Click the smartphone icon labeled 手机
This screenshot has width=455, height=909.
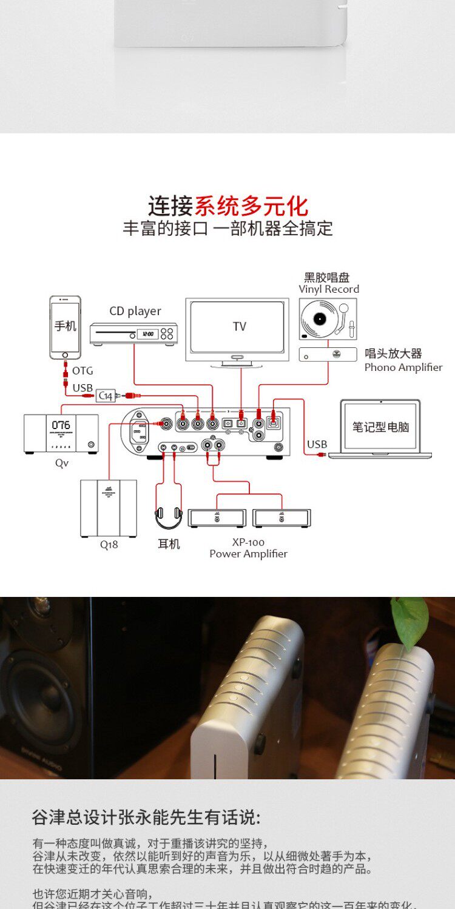[65, 327]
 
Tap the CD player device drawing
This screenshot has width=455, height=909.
[133, 333]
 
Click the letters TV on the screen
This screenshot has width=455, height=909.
[240, 327]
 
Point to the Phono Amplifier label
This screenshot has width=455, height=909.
[403, 367]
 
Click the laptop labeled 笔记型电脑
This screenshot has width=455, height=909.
[380, 428]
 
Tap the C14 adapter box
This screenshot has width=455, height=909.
[106, 396]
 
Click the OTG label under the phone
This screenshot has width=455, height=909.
[83, 371]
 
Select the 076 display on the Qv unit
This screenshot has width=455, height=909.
[61, 425]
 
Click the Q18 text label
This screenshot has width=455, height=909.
[109, 544]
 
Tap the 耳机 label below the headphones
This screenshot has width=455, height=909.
[169, 544]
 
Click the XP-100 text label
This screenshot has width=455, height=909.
[249, 542]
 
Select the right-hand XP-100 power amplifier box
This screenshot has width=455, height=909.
[282, 518]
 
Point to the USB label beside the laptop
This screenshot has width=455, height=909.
[317, 444]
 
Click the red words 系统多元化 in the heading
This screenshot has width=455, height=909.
[251, 206]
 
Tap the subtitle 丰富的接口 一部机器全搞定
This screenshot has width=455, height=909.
[227, 228]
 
